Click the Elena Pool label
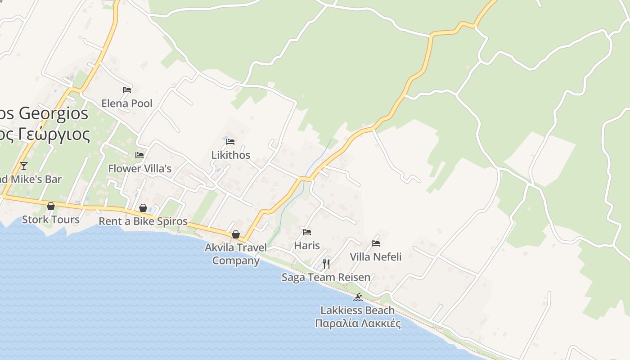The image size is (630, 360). click(x=127, y=103)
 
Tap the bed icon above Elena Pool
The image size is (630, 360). click(x=127, y=90)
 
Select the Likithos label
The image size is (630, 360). click(x=231, y=155)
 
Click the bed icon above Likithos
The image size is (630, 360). click(x=230, y=141)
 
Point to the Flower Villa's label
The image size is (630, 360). click(x=140, y=169)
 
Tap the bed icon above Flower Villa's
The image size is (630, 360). click(x=139, y=155)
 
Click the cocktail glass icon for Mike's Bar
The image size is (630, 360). click(x=24, y=166)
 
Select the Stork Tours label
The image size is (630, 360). click(x=51, y=220)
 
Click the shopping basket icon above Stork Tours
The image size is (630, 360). click(x=51, y=206)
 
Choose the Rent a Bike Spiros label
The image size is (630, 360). click(x=143, y=221)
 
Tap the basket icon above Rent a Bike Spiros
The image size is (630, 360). click(x=143, y=208)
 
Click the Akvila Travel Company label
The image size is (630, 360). click(x=236, y=254)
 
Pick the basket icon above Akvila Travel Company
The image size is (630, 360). click(x=235, y=234)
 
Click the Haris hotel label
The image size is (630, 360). click(x=307, y=246)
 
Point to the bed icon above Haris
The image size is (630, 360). click(x=307, y=232)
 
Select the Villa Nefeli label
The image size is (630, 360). click(x=376, y=257)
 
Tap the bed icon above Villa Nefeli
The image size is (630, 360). click(x=376, y=243)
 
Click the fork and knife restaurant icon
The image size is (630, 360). click(x=326, y=264)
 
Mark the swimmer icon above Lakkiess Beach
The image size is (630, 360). click(x=358, y=297)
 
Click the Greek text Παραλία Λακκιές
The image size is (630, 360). click(x=358, y=324)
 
